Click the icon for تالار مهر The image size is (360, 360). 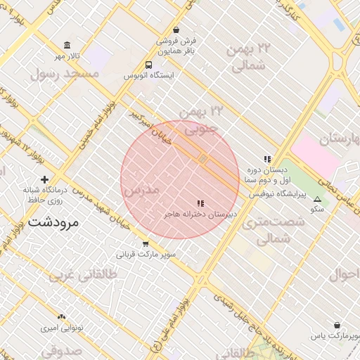(x=63, y=45)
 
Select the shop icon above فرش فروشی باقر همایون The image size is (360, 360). (x=175, y=30)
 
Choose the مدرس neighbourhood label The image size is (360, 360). (x=141, y=190)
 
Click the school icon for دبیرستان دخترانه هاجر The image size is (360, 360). (x=201, y=203)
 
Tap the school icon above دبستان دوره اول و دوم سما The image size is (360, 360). (x=266, y=159)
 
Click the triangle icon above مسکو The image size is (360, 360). (x=317, y=199)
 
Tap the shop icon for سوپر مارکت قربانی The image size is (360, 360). (x=146, y=244)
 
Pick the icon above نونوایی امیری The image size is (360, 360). (x=61, y=317)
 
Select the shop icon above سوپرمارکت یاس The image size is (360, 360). (x=337, y=326)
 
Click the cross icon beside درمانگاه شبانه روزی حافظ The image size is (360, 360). (x=46, y=179)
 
